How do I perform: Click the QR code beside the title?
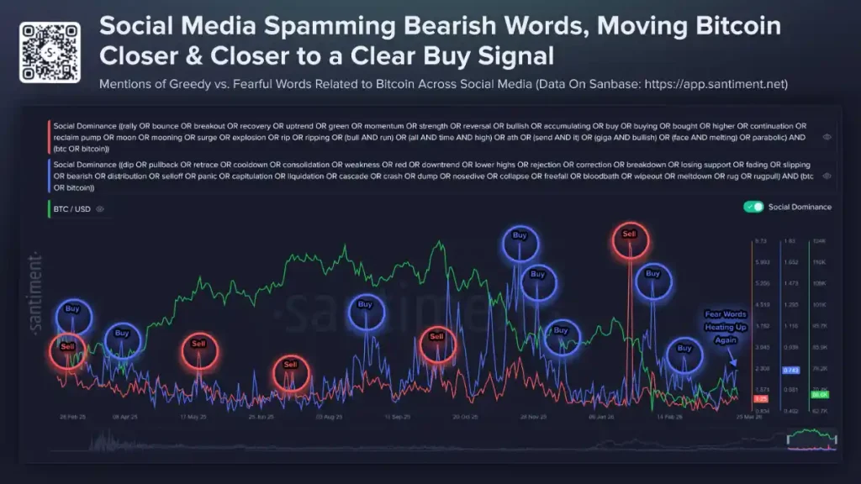click(50, 52)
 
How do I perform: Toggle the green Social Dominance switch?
click(754, 207)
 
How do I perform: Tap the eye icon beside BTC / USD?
click(100, 208)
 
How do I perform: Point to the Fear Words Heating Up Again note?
click(726, 327)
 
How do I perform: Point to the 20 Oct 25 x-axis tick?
click(465, 416)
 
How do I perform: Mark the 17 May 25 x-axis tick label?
click(193, 416)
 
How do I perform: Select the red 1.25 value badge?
click(759, 398)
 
